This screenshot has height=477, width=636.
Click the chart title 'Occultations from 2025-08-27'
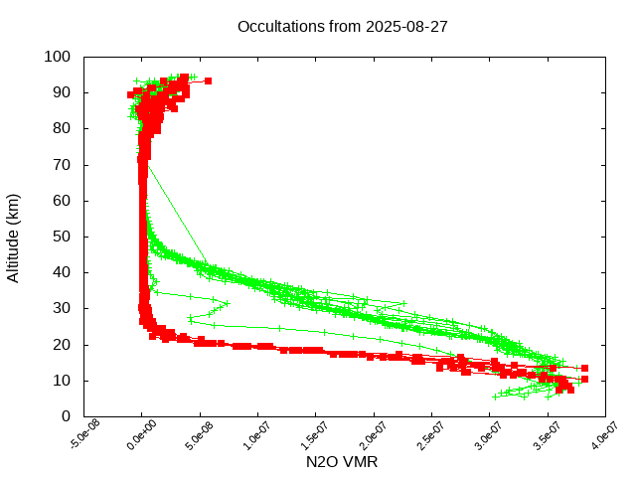(343, 26)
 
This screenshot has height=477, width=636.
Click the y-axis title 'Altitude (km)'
(14, 237)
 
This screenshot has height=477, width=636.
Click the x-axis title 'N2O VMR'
(342, 462)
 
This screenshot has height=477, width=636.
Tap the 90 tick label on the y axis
(61, 92)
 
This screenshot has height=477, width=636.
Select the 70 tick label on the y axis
(61, 164)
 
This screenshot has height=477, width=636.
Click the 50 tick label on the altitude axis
(61, 237)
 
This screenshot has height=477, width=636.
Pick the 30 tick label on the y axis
(61, 308)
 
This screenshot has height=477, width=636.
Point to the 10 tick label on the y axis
(61, 380)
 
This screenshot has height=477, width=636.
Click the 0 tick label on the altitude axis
(65, 415)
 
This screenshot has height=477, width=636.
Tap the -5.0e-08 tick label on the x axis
(83, 435)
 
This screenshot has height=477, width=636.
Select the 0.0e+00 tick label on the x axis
(143, 435)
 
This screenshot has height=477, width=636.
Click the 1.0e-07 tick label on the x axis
(258, 435)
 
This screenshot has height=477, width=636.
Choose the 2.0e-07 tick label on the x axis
(375, 435)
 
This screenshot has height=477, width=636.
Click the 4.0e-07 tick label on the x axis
(605, 435)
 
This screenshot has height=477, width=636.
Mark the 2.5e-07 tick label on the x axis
(432, 435)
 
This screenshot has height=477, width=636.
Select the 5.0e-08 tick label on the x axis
(201, 435)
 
